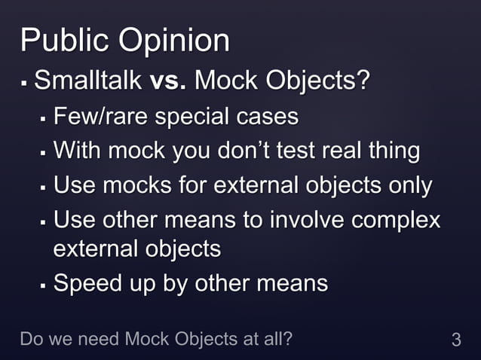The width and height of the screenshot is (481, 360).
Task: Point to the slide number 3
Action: point(455,340)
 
